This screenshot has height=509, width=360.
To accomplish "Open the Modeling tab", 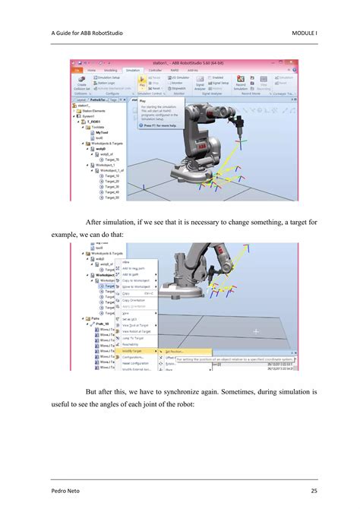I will point(112,69).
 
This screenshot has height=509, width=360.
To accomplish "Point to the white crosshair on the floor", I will point(256,330).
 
